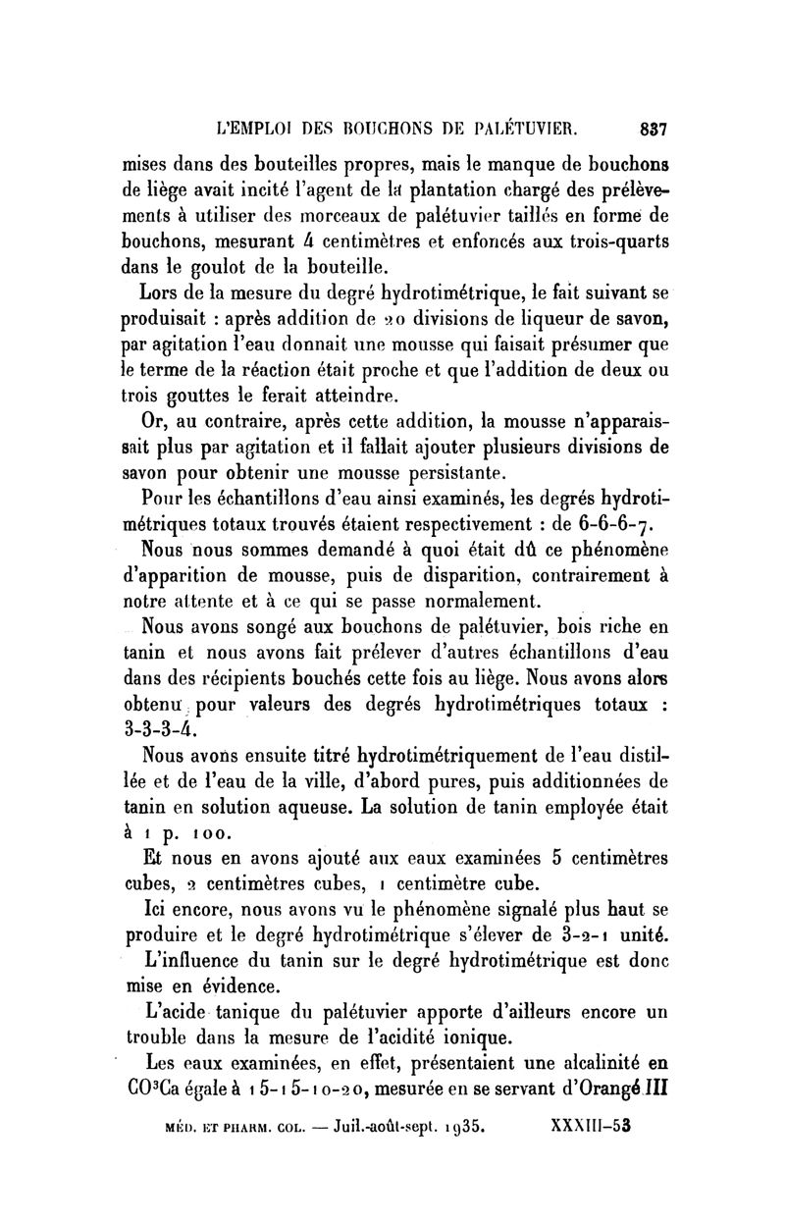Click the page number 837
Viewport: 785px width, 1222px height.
[653, 128]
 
